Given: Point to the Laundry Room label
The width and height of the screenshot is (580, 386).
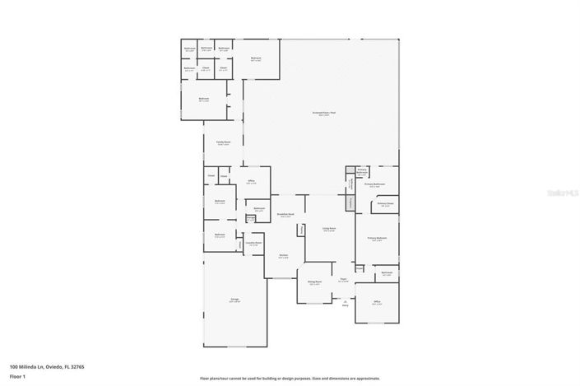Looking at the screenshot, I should pyautogui.click(x=254, y=244).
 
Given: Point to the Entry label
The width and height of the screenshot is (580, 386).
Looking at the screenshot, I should pyautogui.click(x=346, y=304).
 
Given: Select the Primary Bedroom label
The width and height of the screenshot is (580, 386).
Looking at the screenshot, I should pyautogui.click(x=377, y=239).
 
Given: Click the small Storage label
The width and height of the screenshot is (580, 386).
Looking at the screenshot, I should pyautogui.click(x=250, y=218).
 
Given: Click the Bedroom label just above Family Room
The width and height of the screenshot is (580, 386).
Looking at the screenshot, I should pyautogui.click(x=203, y=99).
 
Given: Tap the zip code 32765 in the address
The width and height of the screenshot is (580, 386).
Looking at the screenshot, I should pyautogui.click(x=79, y=366).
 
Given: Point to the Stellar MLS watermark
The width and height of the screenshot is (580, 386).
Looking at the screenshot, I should pyautogui.click(x=563, y=191).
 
